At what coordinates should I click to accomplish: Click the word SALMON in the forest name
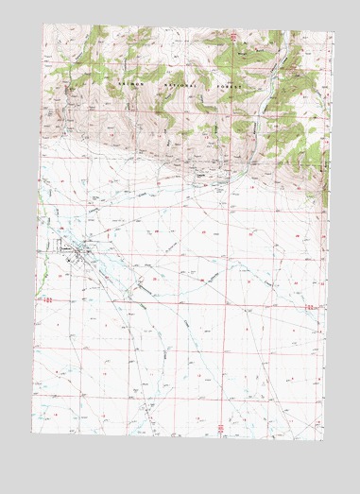(x=129, y=83)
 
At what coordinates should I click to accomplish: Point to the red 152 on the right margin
(x=309, y=307)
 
